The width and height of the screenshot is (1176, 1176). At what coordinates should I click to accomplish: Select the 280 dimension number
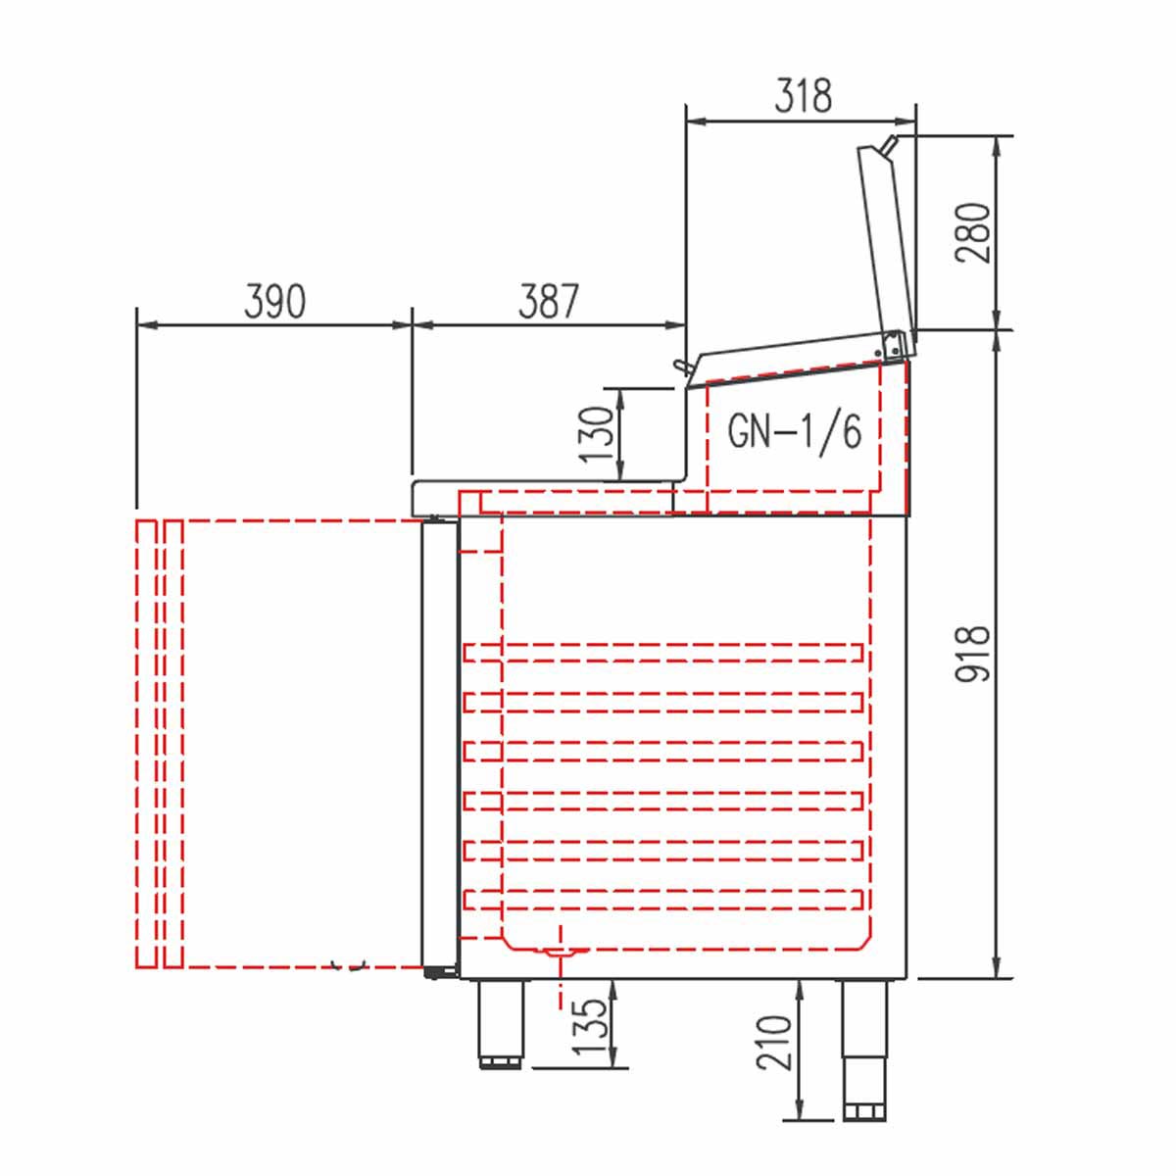(973, 233)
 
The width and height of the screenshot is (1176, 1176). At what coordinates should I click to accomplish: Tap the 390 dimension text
(274, 302)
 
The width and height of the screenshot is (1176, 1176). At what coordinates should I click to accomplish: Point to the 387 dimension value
(548, 302)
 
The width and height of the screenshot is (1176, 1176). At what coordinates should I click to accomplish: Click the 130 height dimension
(596, 434)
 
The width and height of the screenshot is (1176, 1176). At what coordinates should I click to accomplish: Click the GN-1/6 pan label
(795, 433)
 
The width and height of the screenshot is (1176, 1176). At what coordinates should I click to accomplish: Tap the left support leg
(500, 1025)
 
